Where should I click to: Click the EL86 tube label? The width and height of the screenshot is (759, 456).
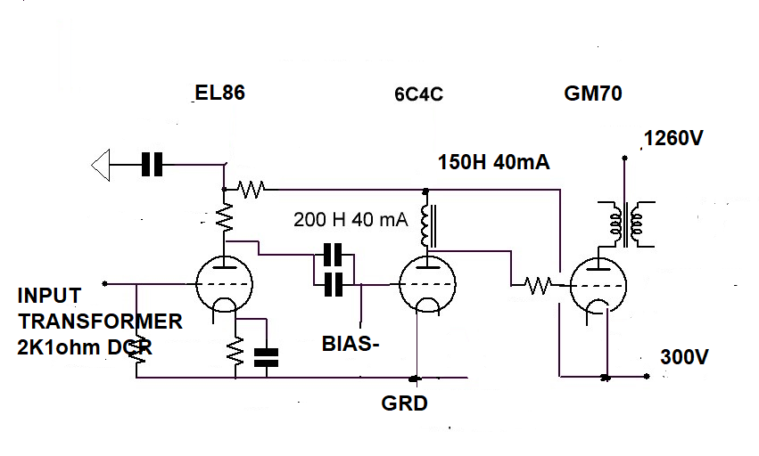click(219, 93)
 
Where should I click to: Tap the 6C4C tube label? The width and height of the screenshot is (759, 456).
click(418, 94)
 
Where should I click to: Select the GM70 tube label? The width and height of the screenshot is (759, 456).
click(593, 94)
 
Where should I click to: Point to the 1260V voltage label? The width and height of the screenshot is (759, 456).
click(673, 138)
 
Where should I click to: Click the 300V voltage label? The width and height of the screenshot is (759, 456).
click(684, 357)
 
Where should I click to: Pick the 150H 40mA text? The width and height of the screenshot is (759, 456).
click(494, 162)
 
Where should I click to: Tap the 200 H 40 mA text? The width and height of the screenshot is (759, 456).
click(351, 219)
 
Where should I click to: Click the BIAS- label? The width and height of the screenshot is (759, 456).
click(351, 344)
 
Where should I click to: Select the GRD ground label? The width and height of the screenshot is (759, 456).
click(404, 403)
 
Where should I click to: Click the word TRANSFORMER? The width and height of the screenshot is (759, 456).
click(100, 322)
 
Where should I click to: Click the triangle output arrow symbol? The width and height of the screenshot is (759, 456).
click(101, 165)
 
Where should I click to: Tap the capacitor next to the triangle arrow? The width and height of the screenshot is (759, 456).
click(152, 165)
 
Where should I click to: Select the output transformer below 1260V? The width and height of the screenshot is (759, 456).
click(626, 224)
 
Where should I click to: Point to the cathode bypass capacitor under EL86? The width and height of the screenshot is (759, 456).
click(267, 357)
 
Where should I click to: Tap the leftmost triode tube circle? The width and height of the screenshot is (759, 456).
click(224, 284)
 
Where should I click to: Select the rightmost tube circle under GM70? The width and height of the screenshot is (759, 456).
click(598, 286)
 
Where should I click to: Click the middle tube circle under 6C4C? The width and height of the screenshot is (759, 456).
click(427, 284)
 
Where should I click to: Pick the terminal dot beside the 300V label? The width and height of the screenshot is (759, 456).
click(647, 376)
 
